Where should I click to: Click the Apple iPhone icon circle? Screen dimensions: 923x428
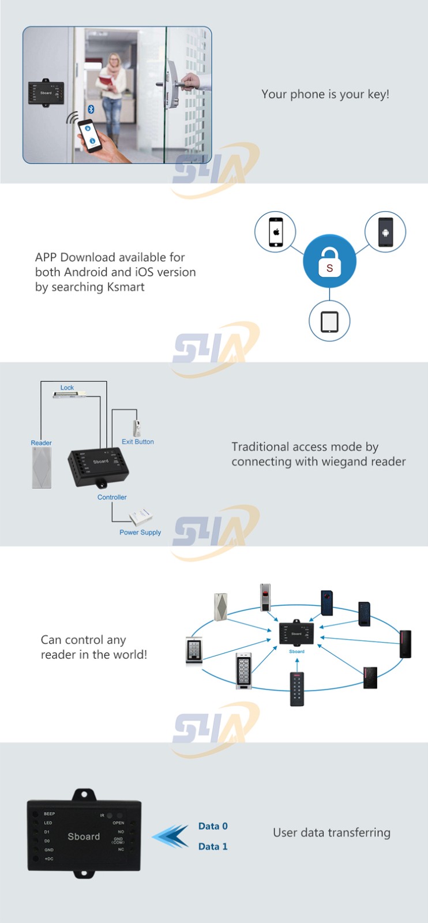click(275, 231)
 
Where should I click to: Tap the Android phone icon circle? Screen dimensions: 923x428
click(385, 231)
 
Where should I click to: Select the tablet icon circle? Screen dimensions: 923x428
click(329, 321)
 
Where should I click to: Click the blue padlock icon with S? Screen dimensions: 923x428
click(329, 261)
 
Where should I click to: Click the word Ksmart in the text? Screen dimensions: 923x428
click(125, 287)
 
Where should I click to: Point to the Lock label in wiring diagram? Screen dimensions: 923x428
click(67, 388)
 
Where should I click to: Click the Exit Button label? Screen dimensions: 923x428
click(137, 442)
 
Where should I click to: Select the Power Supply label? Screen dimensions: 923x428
click(140, 532)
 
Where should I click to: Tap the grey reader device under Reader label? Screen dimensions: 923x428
click(42, 468)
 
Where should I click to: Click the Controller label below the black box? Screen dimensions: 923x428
click(112, 497)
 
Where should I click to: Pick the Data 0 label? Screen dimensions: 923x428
click(213, 826)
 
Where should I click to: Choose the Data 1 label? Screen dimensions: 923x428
click(213, 846)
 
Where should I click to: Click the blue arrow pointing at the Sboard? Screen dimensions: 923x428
click(171, 836)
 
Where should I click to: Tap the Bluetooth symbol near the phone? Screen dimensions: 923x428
click(91, 109)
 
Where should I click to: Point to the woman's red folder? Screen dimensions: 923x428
click(107, 81)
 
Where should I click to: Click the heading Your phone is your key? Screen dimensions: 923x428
click(325, 94)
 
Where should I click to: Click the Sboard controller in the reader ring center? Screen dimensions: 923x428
click(296, 633)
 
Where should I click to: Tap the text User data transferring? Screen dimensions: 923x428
click(332, 832)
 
